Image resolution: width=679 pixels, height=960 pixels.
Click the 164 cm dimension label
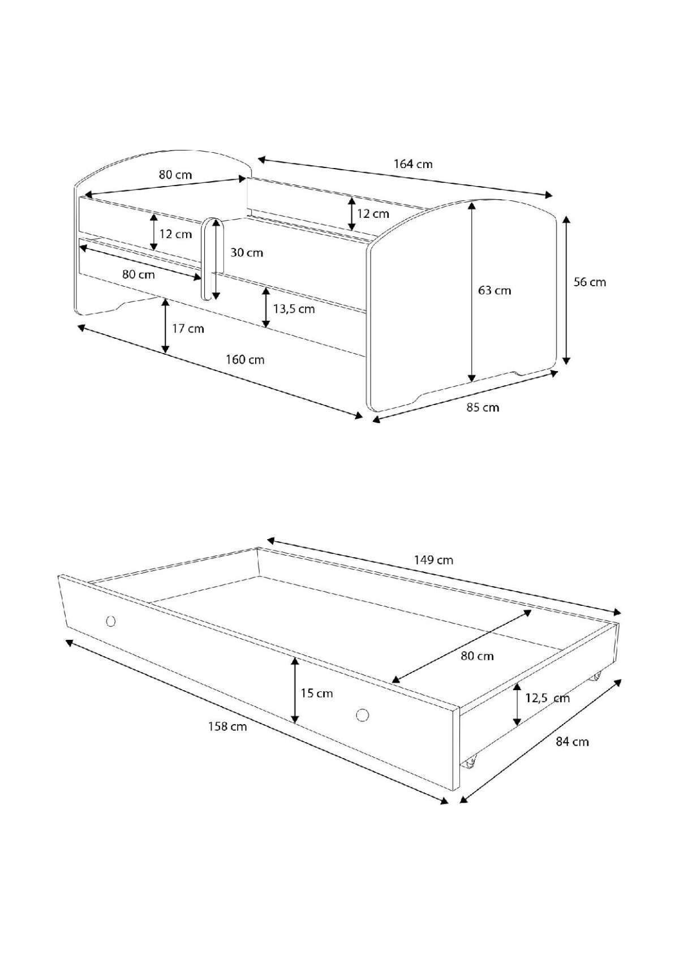pos(413,164)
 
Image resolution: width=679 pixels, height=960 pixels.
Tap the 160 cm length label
pos(245,360)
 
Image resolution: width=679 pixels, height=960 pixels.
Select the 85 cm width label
pos(483,407)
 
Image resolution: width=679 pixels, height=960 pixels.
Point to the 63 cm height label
pos(495,291)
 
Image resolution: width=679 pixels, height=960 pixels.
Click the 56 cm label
pos(590,282)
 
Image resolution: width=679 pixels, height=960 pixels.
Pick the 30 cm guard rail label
pos(247,252)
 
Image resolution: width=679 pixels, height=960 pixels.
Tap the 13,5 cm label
pos(294,308)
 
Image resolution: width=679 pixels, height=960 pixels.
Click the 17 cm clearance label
pos(188,329)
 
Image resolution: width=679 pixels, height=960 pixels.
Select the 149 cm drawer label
pos(433,560)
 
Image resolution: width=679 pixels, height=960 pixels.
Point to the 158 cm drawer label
pos(227,726)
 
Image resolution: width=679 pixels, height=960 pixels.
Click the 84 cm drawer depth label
pos(572,742)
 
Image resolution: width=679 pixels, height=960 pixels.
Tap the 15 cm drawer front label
pos(317,693)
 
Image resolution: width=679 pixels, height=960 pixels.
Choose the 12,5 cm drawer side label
pos(548,698)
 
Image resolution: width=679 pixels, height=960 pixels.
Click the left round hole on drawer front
pos(111,621)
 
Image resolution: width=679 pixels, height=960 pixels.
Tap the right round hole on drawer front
pos(363,714)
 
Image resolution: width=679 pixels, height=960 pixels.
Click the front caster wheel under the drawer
pos(470,760)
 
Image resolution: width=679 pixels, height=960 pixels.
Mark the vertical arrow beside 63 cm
pos(472,291)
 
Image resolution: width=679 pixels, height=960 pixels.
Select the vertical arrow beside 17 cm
pos(165,326)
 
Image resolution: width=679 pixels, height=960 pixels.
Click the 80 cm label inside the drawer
pos(477,655)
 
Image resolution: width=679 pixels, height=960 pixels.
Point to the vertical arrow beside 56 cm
pos(567,290)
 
